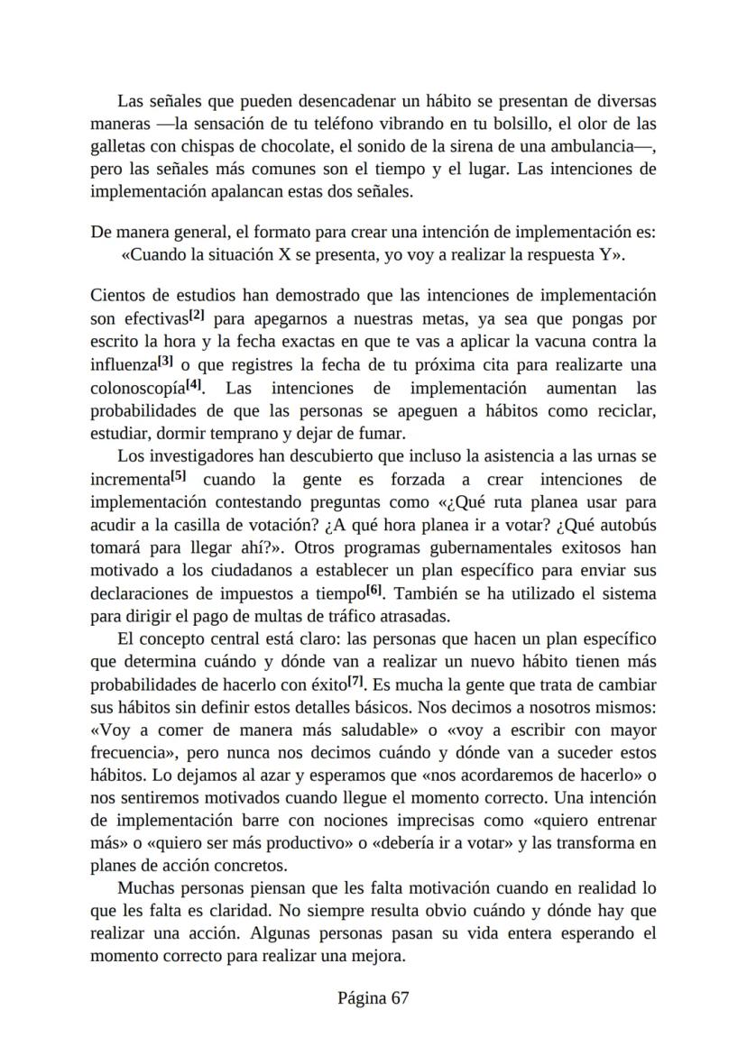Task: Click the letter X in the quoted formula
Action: pyautogui.click(x=283, y=254)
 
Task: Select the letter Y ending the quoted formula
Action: pyautogui.click(x=604, y=254)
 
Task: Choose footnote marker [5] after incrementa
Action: pyautogui.click(x=179, y=476)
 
